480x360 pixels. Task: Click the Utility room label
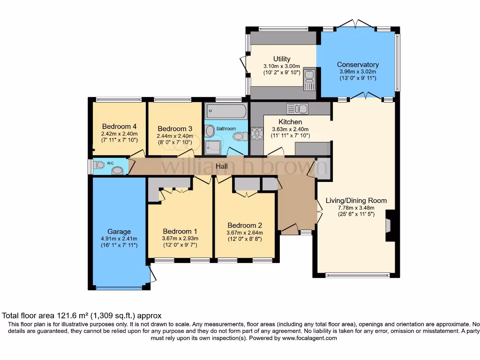(x=282, y=59)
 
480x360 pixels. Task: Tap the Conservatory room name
(x=358, y=65)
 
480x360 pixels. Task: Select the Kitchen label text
(x=290, y=122)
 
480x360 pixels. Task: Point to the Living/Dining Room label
(x=356, y=201)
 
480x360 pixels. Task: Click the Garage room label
(x=119, y=232)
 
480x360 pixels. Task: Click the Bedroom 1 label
(x=180, y=231)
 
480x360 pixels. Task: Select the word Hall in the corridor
(x=222, y=166)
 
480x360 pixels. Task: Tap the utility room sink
(x=310, y=79)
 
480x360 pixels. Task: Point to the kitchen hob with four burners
(x=257, y=134)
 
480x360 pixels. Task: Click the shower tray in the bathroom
(x=214, y=147)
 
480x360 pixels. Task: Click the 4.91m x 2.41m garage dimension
(x=119, y=239)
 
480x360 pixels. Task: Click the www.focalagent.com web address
(x=308, y=338)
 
